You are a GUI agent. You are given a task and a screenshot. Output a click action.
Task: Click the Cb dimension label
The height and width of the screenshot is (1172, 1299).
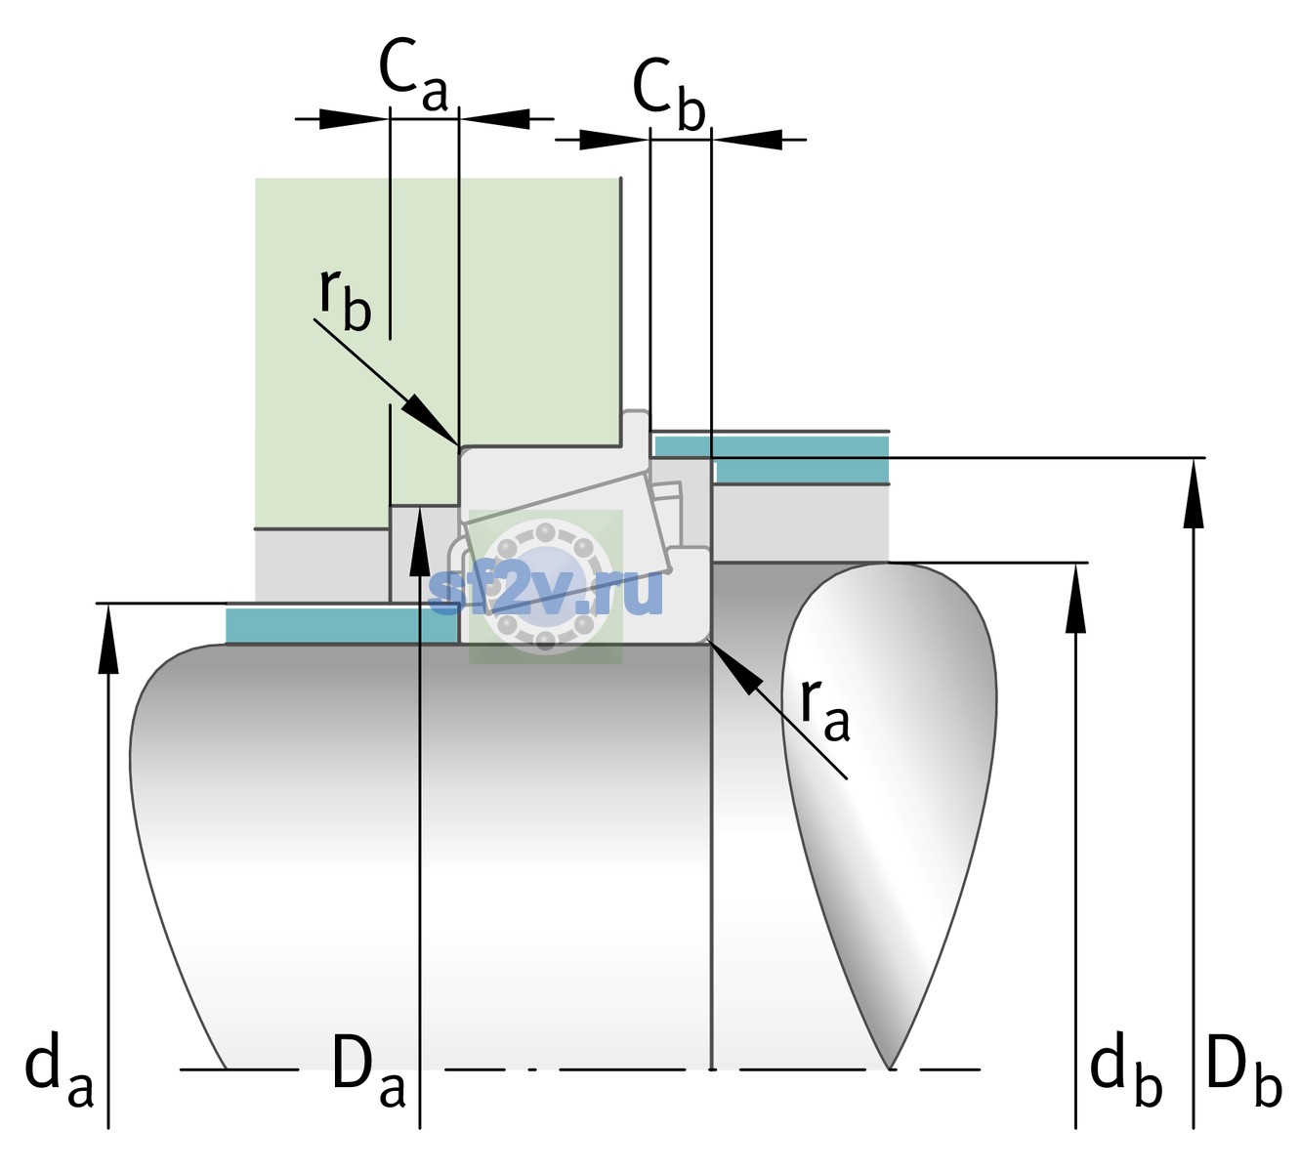tap(668, 94)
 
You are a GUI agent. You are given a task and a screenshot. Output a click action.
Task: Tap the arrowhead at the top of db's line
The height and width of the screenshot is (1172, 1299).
tap(1075, 598)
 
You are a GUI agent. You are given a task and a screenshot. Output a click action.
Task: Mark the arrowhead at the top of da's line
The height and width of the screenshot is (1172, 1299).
tap(108, 639)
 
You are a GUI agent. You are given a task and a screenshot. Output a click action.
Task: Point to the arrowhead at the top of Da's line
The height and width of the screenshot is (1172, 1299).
tap(420, 541)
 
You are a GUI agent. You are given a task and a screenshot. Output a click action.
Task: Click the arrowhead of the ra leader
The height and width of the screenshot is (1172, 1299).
tap(734, 666)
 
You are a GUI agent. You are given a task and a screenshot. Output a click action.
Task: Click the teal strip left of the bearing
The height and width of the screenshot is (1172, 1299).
tap(341, 624)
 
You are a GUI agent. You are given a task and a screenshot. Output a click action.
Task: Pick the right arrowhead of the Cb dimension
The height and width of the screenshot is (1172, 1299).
tap(746, 140)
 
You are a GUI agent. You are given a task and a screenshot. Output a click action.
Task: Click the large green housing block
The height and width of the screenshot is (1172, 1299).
tap(438, 311)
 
